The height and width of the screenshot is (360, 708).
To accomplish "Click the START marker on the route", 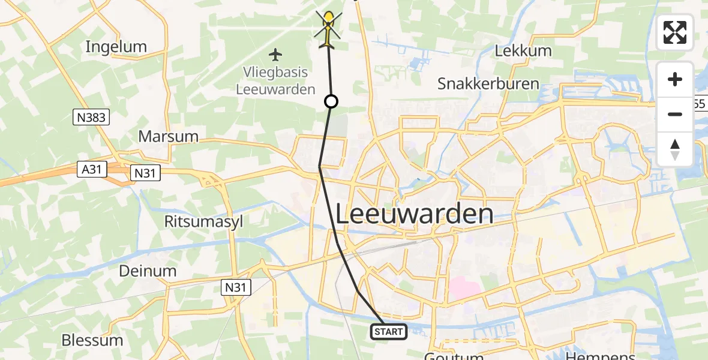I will [389, 331].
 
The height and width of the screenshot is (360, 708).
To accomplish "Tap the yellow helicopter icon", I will [328, 28].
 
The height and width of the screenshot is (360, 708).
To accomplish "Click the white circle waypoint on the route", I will [331, 101].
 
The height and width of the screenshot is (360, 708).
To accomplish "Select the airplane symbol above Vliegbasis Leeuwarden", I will [275, 55].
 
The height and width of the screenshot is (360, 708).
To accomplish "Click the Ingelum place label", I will [116, 46].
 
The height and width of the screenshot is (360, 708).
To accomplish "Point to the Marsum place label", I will [168, 136].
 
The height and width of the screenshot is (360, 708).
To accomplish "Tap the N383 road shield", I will [92, 118].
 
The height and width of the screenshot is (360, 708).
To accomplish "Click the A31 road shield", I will [92, 170].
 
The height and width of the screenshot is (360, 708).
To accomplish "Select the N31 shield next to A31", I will [145, 173].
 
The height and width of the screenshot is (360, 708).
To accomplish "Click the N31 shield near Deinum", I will [236, 287].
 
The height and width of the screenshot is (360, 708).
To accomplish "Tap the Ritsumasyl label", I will [203, 221].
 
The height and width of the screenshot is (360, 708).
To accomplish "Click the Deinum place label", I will [148, 271].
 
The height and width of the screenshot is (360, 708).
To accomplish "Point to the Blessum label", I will [92, 340].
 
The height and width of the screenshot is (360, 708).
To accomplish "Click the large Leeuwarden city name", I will [414, 214].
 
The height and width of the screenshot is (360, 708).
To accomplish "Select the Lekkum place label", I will [523, 51].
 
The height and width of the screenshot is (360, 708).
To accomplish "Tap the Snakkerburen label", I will [488, 83].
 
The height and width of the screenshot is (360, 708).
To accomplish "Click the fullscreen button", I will [675, 32].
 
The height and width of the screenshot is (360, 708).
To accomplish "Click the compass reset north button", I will [675, 149].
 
